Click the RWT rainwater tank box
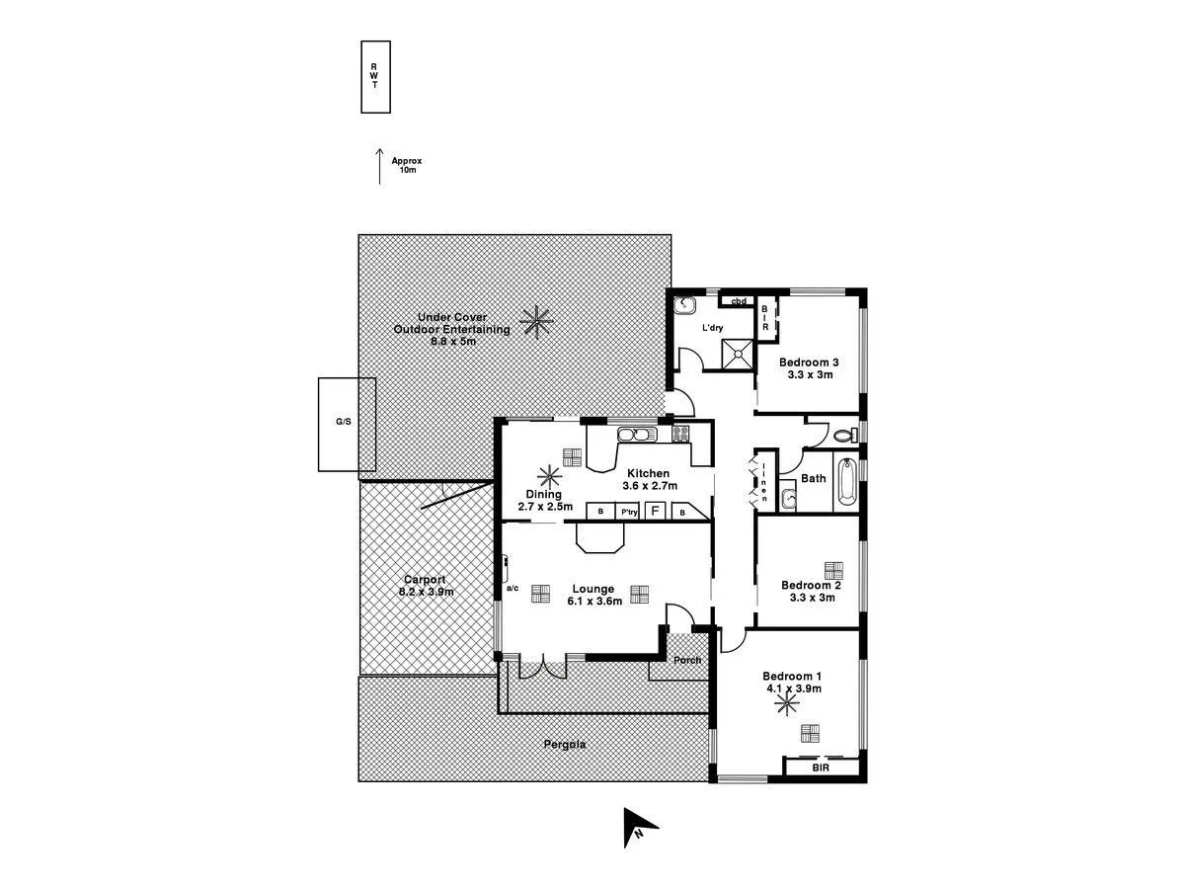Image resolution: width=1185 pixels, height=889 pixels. point(375,77)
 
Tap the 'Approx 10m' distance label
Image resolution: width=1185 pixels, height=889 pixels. point(407,165)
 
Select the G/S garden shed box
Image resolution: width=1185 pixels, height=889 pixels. point(344,423)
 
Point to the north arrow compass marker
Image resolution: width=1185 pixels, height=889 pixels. point(637,827)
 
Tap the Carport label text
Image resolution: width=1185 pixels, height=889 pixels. point(426,580)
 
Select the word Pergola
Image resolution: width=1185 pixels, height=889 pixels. point(564,745)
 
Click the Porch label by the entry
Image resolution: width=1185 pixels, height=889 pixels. point(686,661)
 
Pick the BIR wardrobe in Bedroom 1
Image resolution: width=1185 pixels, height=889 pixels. point(821,767)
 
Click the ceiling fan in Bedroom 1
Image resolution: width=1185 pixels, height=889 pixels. point(787,703)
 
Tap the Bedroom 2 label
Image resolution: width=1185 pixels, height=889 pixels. point(810,584)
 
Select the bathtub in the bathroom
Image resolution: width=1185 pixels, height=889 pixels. point(847,485)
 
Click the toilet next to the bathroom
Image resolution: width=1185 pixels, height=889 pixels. point(841,435)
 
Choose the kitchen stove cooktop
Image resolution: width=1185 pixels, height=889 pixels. point(680,433)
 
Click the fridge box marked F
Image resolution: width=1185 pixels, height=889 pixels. point(654,512)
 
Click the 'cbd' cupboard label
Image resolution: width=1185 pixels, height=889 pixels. point(737,300)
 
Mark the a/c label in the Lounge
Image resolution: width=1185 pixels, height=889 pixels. point(513,589)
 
